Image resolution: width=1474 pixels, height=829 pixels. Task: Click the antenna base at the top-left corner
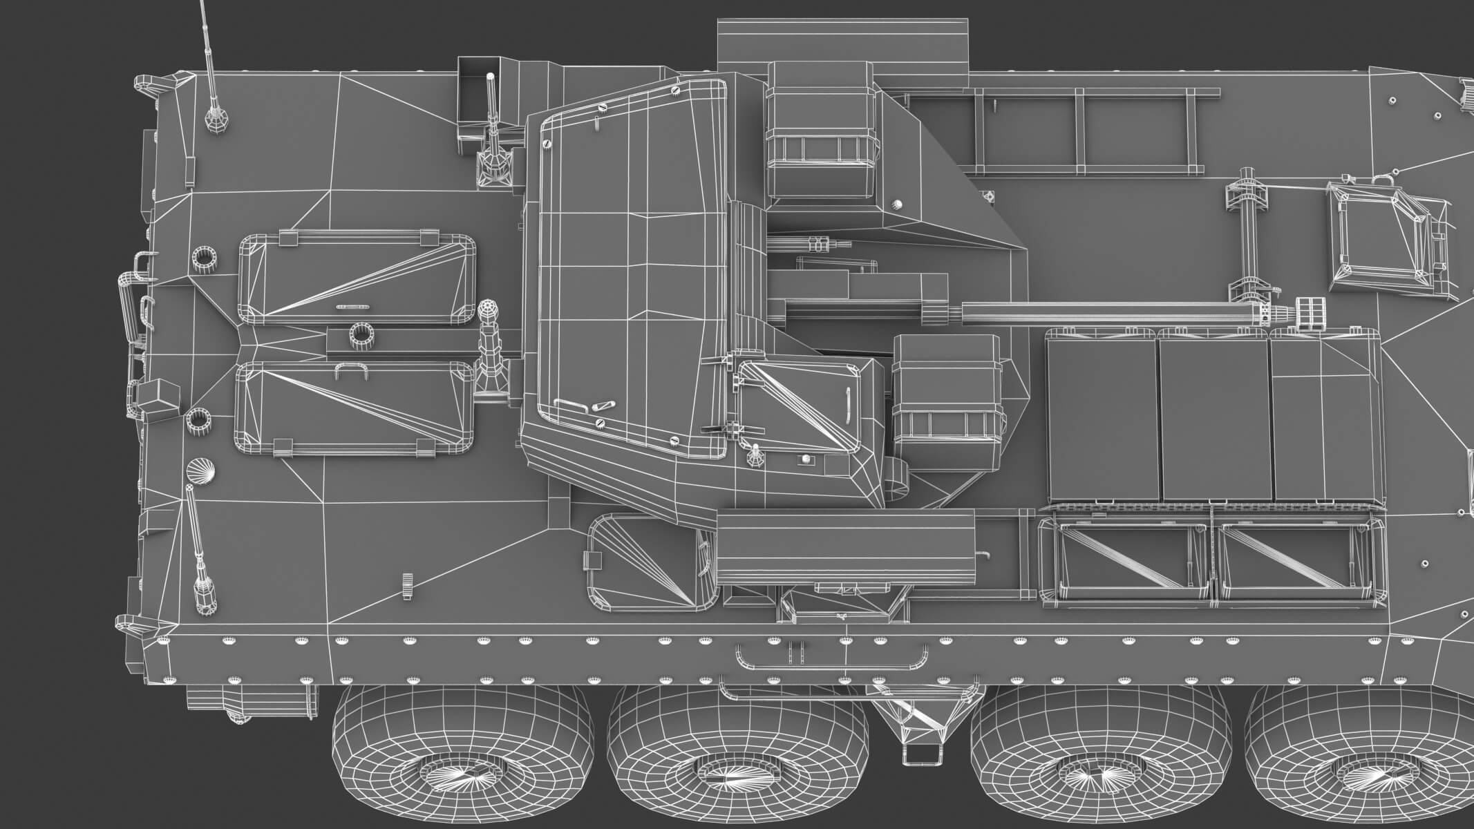tap(216, 117)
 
